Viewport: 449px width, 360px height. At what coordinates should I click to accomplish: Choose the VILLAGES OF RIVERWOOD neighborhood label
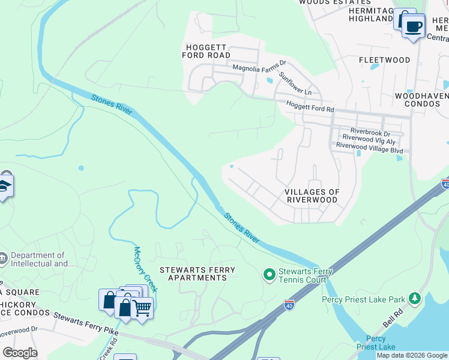pyautogui.click(x=312, y=196)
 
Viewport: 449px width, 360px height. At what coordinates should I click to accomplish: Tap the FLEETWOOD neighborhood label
pyautogui.click(x=384, y=60)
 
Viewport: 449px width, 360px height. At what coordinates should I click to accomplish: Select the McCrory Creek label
pyautogui.click(x=145, y=269)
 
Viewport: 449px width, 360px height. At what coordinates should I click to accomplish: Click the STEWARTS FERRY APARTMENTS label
pyautogui.click(x=197, y=274)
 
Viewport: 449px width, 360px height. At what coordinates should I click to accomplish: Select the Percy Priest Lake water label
pyautogui.click(x=376, y=343)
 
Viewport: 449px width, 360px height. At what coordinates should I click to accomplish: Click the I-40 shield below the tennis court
pyautogui.click(x=289, y=304)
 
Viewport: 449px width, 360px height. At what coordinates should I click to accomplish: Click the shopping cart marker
pyautogui.click(x=142, y=308)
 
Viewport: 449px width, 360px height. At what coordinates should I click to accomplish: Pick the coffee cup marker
pyautogui.click(x=414, y=26)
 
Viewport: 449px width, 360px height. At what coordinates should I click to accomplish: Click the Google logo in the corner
pyautogui.click(x=20, y=353)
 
